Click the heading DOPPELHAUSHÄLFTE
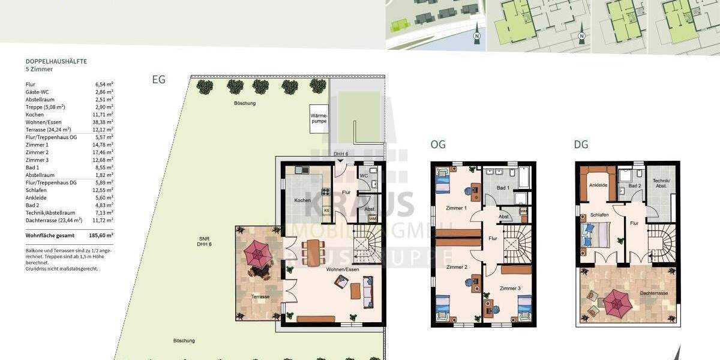pos(55,61)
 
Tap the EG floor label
pos(158,79)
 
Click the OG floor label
pos(438,144)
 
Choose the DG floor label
pos(581,144)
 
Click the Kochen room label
pos(301,200)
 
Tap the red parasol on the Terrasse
pos(259,254)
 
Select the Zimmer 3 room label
pos(510,289)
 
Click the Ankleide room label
pos(599,185)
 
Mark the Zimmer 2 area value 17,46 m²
pos(104,152)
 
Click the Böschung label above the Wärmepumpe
pos(245,103)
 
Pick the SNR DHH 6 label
pos(205,241)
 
